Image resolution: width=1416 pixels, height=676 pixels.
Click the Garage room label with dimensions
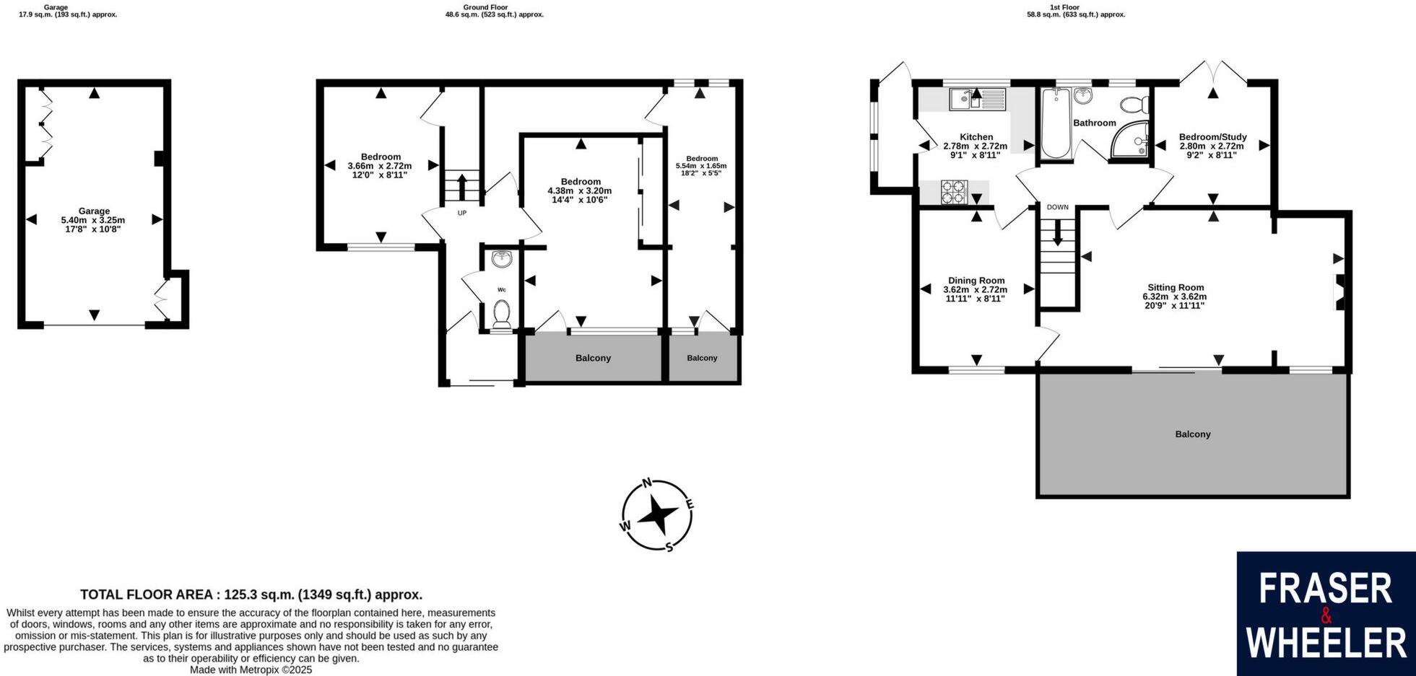point(94,220)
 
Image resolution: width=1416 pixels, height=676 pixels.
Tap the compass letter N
point(648,483)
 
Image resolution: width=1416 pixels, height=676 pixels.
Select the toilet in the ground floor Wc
point(501,315)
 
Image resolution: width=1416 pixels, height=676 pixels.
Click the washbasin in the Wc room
point(501,258)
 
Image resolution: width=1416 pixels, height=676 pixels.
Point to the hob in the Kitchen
point(953,192)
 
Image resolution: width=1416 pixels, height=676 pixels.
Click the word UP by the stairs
point(462,213)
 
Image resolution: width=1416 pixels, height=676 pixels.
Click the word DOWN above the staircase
point(1057,207)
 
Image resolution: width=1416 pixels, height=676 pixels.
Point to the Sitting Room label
point(1175,296)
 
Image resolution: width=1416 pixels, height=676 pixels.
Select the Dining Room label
point(976,289)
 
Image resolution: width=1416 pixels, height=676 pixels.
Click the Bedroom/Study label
point(1212,145)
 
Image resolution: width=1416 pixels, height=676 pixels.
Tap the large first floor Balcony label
point(1192,434)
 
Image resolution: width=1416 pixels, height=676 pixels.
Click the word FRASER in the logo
point(1325,589)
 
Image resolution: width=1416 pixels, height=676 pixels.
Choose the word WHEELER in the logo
point(1326,643)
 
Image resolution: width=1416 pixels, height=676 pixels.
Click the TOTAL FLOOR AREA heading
point(251,594)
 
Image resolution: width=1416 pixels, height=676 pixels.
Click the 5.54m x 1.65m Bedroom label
point(701,166)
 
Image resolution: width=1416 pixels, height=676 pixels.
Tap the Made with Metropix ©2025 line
point(251,670)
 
